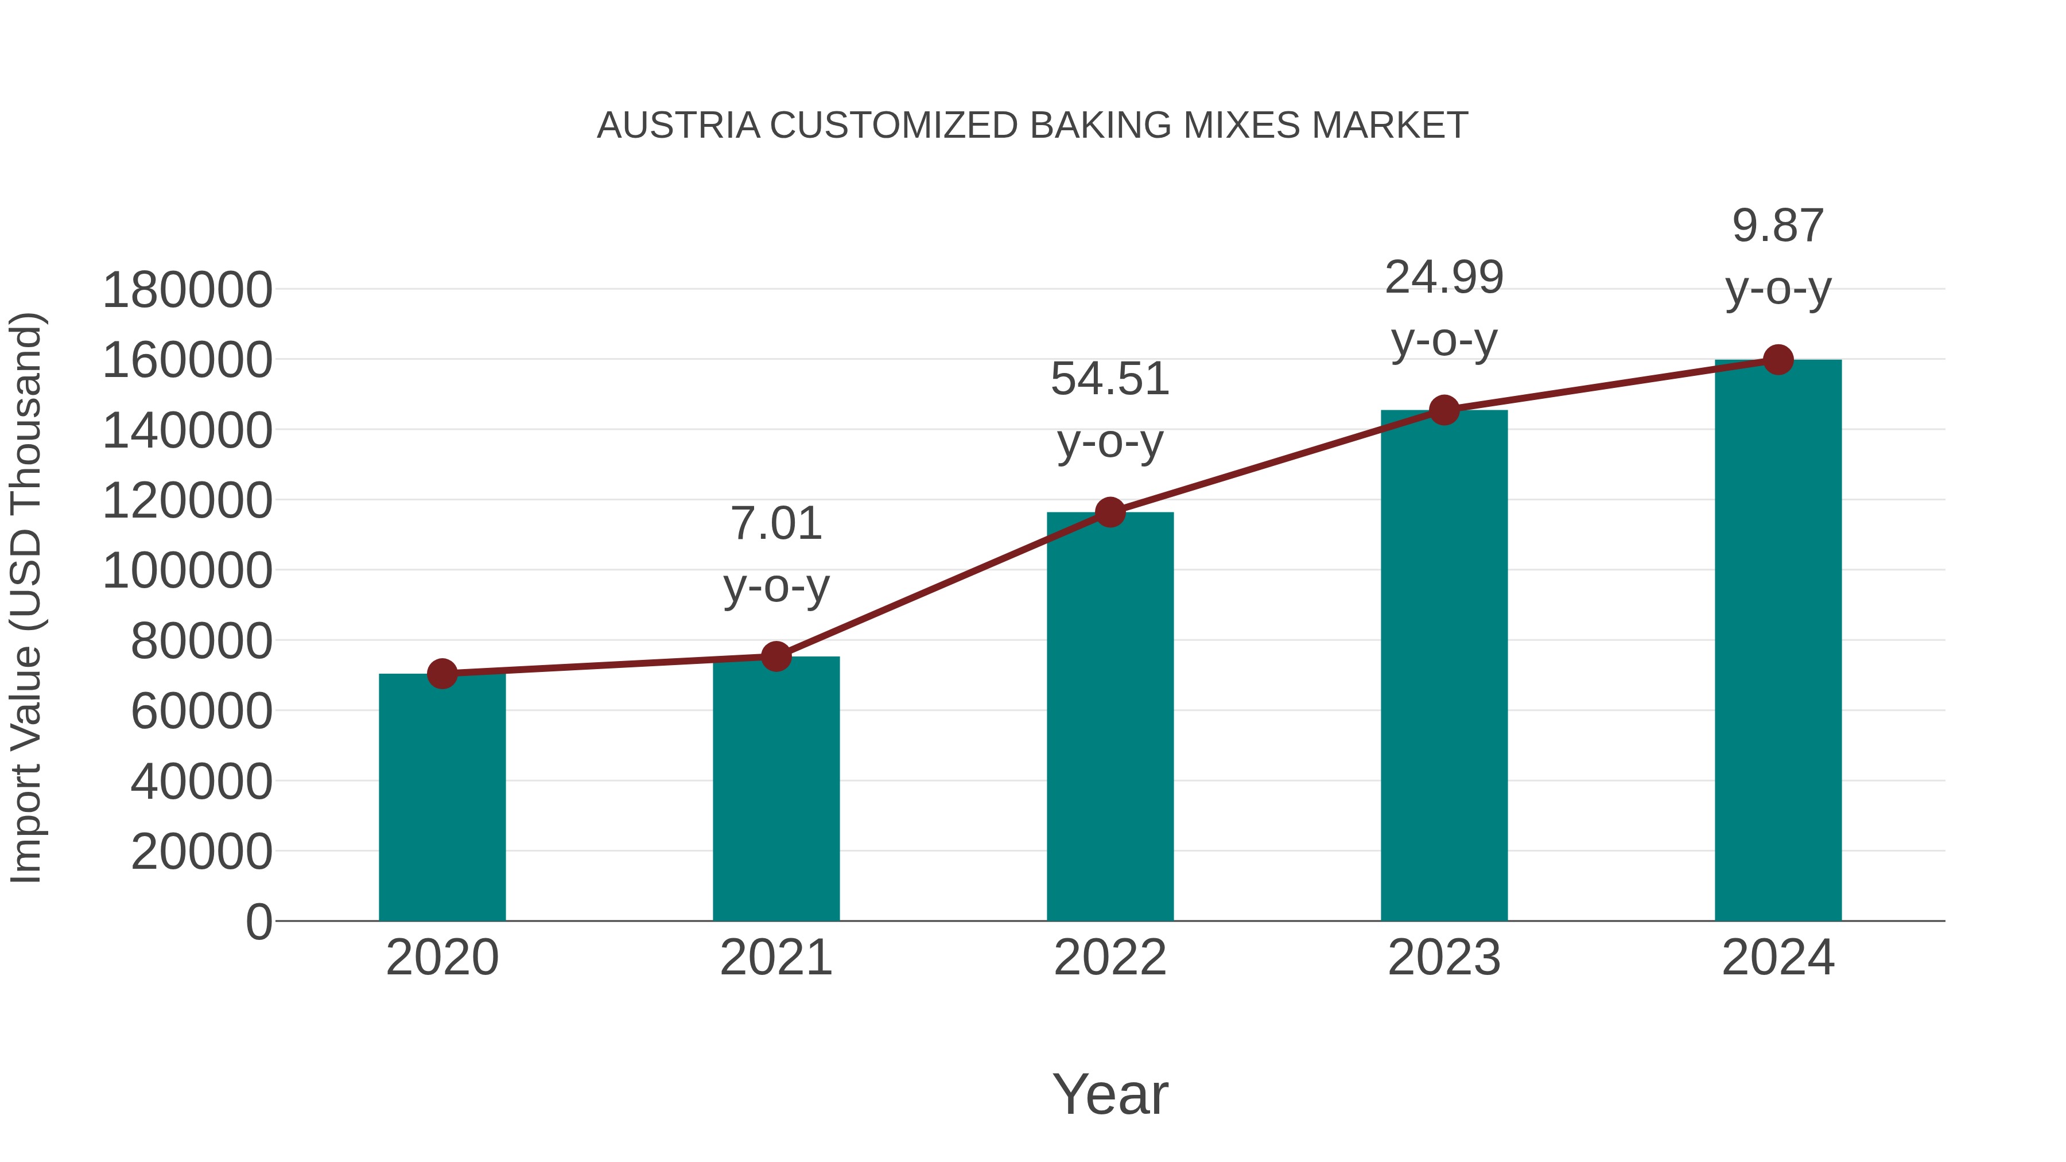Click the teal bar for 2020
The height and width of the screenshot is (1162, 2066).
[x=442, y=798]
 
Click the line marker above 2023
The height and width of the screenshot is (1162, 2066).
[x=1444, y=410]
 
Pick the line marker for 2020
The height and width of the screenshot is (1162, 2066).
[x=442, y=674]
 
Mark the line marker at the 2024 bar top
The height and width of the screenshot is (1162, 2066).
[x=1778, y=360]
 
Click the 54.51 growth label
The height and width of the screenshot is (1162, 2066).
[x=1110, y=379]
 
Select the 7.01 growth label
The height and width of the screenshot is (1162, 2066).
[x=775, y=524]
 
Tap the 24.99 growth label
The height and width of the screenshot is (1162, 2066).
[x=1444, y=278]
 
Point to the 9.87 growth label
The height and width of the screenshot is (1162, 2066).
[x=1778, y=226]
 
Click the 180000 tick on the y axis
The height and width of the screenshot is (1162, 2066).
[x=187, y=290]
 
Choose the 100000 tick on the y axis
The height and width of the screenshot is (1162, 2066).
[x=187, y=571]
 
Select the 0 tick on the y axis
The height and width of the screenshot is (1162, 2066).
[x=258, y=922]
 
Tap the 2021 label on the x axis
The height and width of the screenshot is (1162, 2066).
[x=775, y=958]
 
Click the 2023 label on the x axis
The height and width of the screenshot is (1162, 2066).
[x=1444, y=958]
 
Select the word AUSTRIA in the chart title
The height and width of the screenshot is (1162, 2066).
[x=678, y=126]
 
